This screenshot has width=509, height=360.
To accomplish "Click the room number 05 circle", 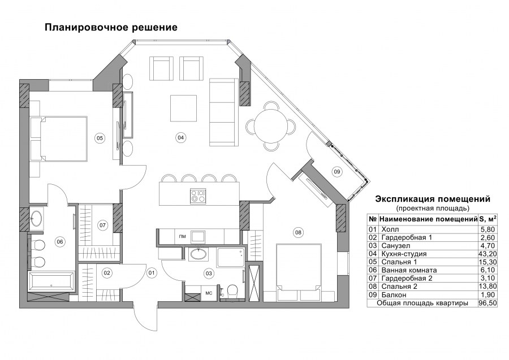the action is point(100,138).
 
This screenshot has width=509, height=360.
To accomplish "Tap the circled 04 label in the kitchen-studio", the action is point(181,137).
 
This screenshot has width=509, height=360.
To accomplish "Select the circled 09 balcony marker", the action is point(337,171).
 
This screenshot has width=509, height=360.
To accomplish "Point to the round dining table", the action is point(270,126).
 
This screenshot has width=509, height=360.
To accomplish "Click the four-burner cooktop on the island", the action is point(198,196).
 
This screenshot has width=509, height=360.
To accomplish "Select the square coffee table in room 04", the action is point(183,108).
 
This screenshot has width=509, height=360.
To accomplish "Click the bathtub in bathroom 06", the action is point(51,282).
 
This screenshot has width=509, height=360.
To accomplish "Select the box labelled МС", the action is point(209,293).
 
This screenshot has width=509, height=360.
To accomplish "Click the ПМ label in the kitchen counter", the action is point(183,236).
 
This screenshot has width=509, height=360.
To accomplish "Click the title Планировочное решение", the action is point(111,28).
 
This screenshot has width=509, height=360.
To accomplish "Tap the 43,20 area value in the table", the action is point(488,254).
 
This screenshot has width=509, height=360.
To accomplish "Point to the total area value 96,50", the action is point(488,303).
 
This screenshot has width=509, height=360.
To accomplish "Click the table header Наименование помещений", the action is point(428,219).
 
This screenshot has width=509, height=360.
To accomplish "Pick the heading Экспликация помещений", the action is point(433,199).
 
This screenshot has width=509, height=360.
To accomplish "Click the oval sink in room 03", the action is point(198,254).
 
